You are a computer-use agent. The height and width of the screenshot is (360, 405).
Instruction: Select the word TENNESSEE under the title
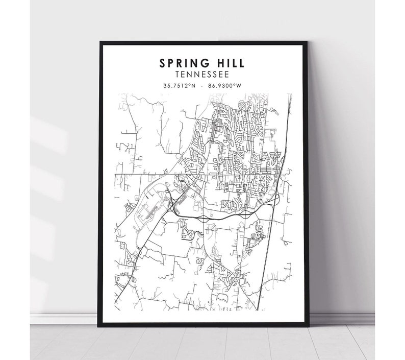pyautogui.click(x=202, y=75)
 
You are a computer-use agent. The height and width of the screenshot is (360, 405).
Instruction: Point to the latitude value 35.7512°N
pyautogui.click(x=180, y=86)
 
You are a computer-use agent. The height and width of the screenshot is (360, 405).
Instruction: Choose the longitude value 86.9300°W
pyautogui.click(x=224, y=86)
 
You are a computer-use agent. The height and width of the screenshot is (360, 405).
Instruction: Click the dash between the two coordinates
pyautogui.click(x=202, y=86)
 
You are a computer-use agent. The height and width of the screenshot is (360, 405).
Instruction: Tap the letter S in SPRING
pyautogui.click(x=162, y=63)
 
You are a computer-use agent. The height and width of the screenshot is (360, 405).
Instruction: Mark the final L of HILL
pyautogui.click(x=241, y=63)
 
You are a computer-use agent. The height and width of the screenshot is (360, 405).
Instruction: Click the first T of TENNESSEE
pyautogui.click(x=176, y=75)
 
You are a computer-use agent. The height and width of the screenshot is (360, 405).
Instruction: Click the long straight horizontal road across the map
pyautogui.click(x=153, y=174)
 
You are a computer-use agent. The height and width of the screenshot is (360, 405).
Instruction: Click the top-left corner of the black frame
pyautogui.click(x=99, y=42)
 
